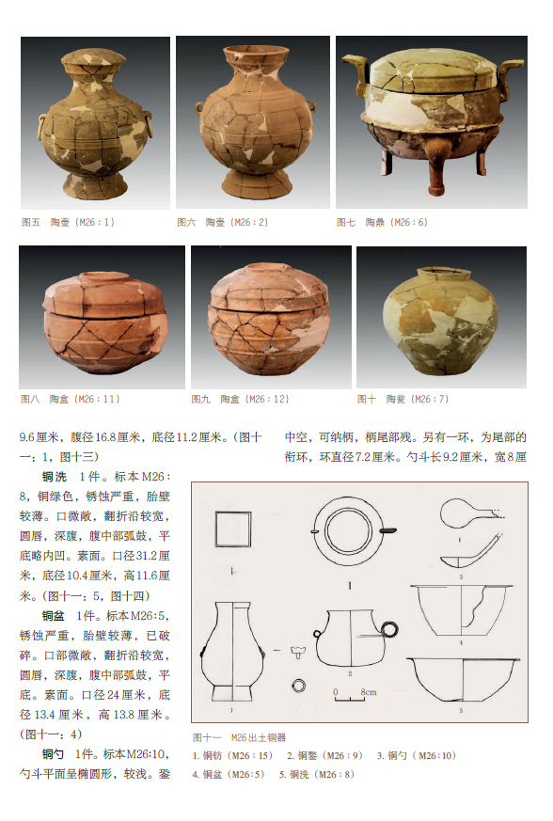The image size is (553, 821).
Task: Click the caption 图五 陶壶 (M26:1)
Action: [68, 222]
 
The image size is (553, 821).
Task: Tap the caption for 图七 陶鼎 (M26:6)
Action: [382, 222]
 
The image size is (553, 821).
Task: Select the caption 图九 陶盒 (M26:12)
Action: [240, 399]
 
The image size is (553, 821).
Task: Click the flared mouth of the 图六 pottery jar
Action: [256, 53]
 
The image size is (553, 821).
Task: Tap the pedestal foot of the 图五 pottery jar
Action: [95, 186]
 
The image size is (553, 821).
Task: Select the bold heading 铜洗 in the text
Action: [54, 477]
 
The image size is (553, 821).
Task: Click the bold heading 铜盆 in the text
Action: [54, 616]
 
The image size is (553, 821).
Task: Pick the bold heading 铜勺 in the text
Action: [54, 754]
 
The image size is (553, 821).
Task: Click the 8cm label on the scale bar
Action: [368, 691]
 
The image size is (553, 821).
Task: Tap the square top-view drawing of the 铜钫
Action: [233, 529]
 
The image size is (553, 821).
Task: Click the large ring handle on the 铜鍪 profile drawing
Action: [389, 629]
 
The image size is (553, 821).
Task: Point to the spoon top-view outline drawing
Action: [468, 513]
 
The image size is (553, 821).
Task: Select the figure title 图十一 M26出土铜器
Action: [239, 737]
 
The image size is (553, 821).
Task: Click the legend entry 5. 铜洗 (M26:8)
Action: [316, 774]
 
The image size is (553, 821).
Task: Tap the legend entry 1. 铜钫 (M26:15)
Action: [232, 755]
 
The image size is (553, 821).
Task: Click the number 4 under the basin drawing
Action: [461, 642]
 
